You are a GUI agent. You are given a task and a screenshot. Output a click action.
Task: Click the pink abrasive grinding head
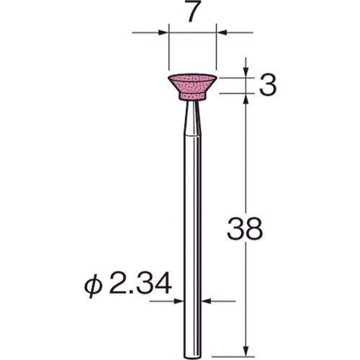pyautogui.click(x=193, y=86)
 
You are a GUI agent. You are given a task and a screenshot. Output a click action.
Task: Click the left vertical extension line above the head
pyautogui.click(x=167, y=47)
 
